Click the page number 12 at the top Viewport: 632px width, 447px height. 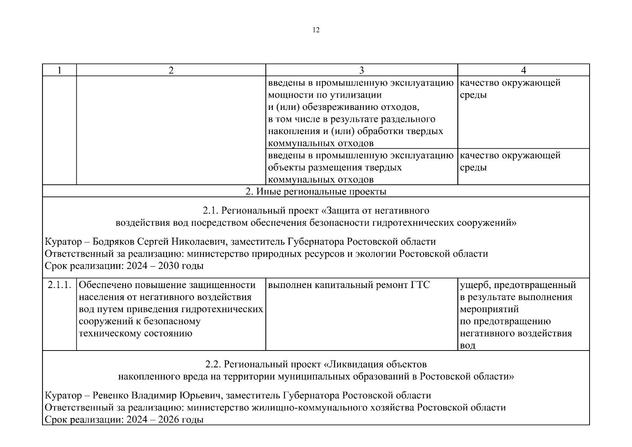click(x=316, y=30)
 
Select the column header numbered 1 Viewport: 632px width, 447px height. click(x=60, y=70)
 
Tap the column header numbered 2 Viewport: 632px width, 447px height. click(x=171, y=70)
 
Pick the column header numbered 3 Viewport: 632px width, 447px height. click(x=361, y=70)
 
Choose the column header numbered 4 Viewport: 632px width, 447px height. click(x=523, y=70)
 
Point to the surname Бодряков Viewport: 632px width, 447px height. click(x=114, y=242)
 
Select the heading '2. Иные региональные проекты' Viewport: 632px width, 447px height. click(x=316, y=191)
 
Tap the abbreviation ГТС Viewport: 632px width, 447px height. click(x=420, y=285)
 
